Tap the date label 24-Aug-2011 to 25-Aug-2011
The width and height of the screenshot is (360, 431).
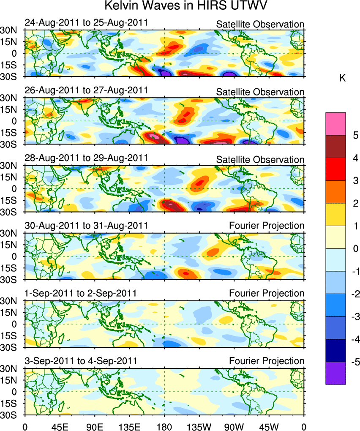click(x=86, y=22)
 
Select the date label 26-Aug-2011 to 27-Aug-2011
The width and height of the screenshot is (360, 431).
click(x=86, y=90)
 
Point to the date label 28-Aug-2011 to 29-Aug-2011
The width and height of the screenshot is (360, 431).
click(x=86, y=158)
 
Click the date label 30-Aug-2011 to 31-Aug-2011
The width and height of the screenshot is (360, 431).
click(x=86, y=225)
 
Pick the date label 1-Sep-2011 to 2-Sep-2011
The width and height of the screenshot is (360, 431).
click(x=80, y=293)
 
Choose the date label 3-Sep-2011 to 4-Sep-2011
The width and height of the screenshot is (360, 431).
click(x=80, y=360)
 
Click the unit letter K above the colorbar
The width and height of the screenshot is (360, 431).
click(x=343, y=78)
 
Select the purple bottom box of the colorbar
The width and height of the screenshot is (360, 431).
click(x=335, y=373)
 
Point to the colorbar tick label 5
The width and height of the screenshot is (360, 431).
click(x=355, y=136)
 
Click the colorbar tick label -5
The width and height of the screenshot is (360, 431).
click(x=354, y=362)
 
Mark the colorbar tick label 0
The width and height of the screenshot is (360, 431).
click(x=355, y=249)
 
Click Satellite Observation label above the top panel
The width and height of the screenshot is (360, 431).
click(x=260, y=24)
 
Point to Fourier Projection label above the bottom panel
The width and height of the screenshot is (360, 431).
click(x=266, y=361)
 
